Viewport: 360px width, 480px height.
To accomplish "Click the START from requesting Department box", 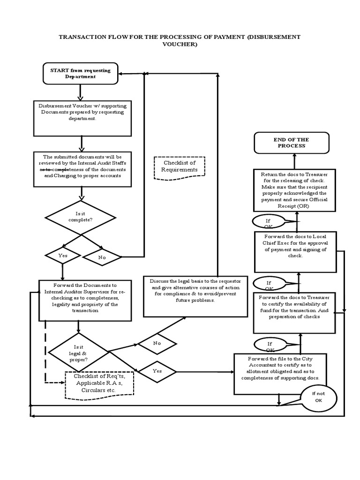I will coord(81,74).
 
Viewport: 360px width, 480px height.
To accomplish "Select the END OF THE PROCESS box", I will coord(292,142).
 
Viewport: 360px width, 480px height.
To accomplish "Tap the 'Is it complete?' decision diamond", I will coord(80,217).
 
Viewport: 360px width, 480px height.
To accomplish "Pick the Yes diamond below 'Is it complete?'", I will coord(63,255).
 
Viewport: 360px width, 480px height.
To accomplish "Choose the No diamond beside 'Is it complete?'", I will coord(102,257).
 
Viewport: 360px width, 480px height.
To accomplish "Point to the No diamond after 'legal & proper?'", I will coord(157,343).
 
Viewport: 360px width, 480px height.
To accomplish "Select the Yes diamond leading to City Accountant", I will coord(157,371).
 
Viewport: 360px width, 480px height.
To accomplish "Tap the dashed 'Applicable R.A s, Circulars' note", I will coord(99,384).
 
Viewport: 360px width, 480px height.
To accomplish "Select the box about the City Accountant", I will coord(281,373).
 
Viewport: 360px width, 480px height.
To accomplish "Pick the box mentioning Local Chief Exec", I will coord(295,251).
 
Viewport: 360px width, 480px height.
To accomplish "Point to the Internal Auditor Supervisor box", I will coord(85,300).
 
